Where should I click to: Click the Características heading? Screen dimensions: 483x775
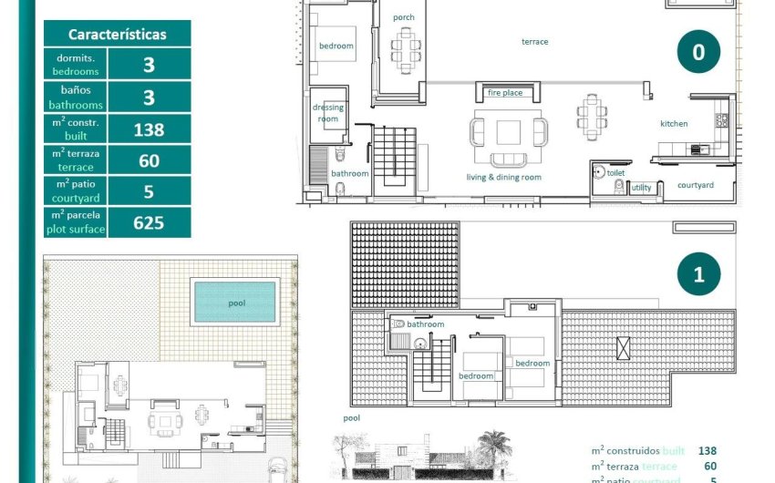pos(118,34)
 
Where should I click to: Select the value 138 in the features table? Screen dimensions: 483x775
pos(149,129)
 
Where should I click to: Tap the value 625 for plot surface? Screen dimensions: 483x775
pos(149,222)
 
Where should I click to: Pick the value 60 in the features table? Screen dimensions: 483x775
pos(149,160)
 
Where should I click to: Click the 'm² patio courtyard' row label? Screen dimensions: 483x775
pos(76,191)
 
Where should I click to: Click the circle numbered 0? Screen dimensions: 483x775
pos(698,52)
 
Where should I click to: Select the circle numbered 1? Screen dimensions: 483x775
pos(698,274)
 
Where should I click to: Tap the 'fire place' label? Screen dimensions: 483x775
pos(505,93)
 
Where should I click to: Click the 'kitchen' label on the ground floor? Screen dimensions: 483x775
pos(674,124)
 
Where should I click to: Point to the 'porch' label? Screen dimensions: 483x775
pos(403,17)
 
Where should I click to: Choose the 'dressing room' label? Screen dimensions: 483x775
pos(328,113)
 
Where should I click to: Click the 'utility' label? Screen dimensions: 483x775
pos(642,188)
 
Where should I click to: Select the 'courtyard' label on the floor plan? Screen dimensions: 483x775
pos(696,185)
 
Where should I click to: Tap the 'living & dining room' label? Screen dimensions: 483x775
pos(504,178)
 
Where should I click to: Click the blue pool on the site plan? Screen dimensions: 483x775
pos(234,302)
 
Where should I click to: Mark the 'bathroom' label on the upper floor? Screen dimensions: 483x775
pos(426,324)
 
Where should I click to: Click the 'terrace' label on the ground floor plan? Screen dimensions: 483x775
pos(535,42)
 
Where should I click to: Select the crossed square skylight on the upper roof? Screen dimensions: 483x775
pos(624,346)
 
